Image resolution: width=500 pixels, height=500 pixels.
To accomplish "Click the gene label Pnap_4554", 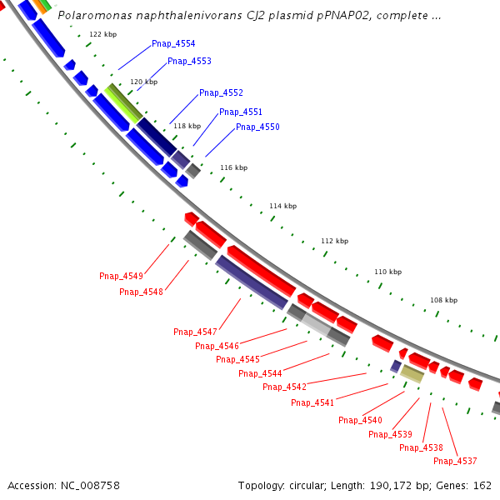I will pos(173,42).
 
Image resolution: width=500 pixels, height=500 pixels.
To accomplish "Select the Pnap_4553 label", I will pos(189,61).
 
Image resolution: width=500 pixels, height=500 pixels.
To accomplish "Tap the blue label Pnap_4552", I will pos(221,92).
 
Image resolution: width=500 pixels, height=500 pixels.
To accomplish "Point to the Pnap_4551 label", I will pos(241,112).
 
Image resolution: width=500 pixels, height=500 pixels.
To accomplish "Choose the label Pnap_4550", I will pos(257,127).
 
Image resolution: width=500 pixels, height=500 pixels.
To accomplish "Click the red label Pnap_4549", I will pos(121,276).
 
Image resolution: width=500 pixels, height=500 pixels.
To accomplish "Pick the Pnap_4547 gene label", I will pos(195,332).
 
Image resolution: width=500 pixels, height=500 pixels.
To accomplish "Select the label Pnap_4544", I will pos(260,373).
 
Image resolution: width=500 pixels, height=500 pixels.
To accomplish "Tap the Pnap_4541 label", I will pos(312,402).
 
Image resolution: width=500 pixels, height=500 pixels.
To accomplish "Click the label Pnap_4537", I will pos(455,461).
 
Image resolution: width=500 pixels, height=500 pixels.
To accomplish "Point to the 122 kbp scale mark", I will pos(102,34).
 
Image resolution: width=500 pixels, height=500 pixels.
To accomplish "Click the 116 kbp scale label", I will pos(233,167).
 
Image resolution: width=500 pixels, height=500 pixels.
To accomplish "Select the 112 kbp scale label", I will pos(334,241).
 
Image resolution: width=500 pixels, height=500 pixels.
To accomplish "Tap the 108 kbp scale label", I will pos(443,300).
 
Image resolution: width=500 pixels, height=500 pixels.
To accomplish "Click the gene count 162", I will pos(482,485).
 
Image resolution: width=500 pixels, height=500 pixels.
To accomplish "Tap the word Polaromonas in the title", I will pos(96,16).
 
